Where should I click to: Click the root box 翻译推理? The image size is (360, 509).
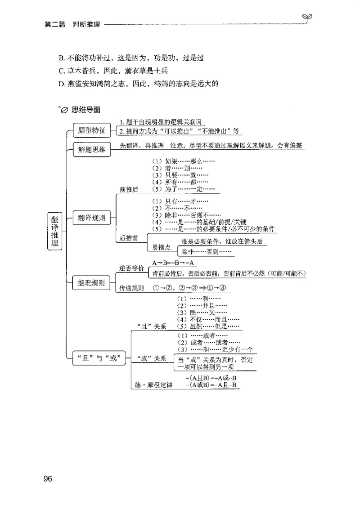(54, 231)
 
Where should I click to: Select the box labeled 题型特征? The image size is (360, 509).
(91, 130)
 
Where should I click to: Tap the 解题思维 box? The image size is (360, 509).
(91, 150)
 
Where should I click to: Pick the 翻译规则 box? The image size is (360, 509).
(91, 218)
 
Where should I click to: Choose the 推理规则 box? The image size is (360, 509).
(91, 283)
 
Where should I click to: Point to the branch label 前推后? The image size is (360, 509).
(129, 190)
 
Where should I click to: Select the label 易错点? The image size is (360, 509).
(161, 248)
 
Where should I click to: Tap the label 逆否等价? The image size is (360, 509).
(131, 268)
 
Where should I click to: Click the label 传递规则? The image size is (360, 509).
(131, 288)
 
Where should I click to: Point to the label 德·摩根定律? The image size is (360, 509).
(154, 385)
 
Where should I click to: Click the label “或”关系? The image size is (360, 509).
(151, 358)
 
